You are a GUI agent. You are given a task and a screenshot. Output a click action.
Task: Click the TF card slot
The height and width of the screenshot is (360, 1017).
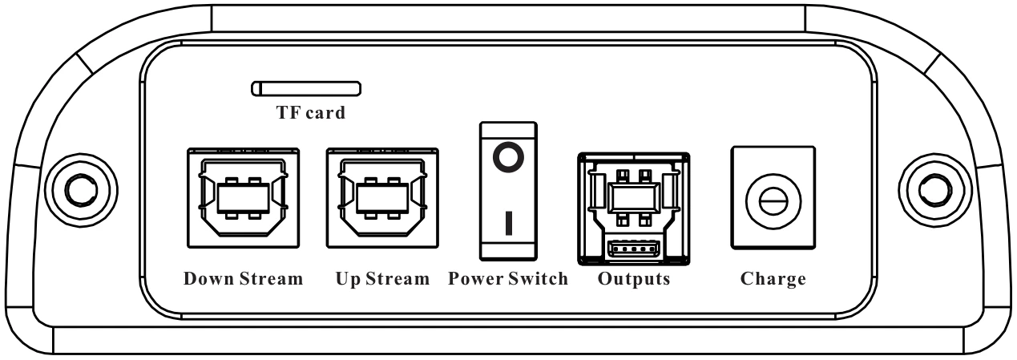coord(306,88)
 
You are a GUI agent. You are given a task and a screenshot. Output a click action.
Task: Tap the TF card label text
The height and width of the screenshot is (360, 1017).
coord(311,112)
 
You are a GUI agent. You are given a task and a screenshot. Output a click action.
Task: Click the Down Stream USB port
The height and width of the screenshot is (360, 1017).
coord(244,198)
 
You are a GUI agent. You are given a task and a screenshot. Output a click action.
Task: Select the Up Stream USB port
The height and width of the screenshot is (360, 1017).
coord(382,198)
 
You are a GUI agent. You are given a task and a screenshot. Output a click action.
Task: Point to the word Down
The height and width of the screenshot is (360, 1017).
coord(209,278)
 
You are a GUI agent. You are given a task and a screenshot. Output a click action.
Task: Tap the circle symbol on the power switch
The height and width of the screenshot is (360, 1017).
coord(508,157)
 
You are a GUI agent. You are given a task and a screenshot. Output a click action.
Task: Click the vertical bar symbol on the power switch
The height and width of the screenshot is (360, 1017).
coord(509,223)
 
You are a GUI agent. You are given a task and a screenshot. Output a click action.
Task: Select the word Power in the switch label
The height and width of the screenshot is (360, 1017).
coord(475,278)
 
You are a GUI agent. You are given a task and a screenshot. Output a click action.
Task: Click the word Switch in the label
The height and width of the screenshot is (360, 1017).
coord(538,278)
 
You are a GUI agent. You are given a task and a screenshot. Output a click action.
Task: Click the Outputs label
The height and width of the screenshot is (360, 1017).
coord(634,279)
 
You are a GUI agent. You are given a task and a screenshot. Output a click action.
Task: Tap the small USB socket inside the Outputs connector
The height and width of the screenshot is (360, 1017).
coord(633,249)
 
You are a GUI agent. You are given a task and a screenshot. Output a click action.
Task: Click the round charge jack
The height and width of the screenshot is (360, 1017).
coord(773,201)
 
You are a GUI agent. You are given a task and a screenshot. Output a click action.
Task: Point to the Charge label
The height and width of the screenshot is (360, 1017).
coord(773,279)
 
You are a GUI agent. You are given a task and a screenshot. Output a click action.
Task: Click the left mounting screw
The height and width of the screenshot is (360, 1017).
coord(81,190)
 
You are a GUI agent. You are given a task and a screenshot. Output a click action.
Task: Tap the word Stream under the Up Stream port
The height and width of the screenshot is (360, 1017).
coord(398,278)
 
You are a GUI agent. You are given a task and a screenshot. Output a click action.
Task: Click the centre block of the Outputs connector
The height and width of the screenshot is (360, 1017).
coord(634,198)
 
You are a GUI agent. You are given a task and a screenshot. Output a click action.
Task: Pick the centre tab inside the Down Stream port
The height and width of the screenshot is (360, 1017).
coord(244,198)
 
